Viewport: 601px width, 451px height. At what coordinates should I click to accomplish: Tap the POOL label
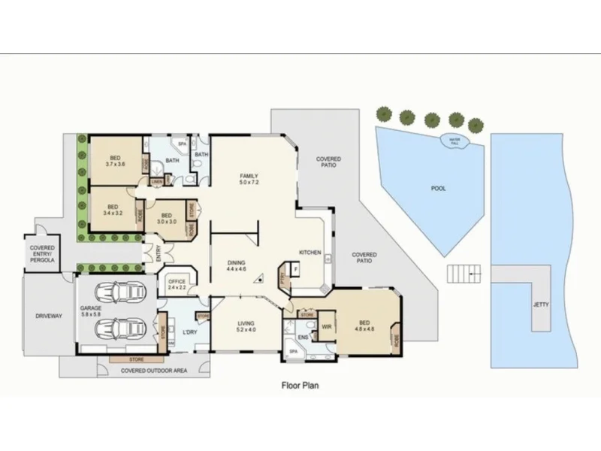437,189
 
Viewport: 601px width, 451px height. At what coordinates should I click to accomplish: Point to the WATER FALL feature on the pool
454,141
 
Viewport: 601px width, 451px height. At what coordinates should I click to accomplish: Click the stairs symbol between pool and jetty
464,274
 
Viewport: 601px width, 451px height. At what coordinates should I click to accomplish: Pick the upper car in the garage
122,291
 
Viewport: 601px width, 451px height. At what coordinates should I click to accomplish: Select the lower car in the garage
122,328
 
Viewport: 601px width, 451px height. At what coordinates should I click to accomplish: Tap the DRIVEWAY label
48,316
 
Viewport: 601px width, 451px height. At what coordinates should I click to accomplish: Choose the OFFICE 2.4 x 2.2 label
177,284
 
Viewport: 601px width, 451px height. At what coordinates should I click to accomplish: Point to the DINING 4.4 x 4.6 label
237,265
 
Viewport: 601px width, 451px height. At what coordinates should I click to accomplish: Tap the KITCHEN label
310,252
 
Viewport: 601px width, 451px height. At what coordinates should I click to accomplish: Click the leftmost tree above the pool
385,114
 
